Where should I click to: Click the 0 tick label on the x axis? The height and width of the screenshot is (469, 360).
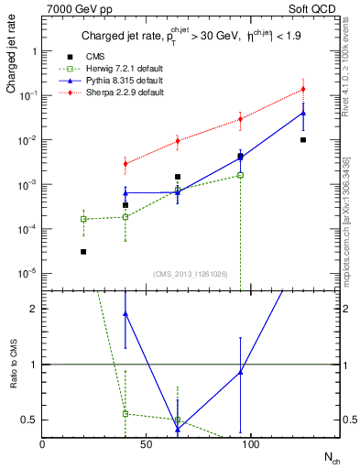(x=42, y=444)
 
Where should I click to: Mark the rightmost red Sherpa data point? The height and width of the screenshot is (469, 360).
(x=303, y=89)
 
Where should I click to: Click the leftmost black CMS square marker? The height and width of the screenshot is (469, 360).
(x=83, y=251)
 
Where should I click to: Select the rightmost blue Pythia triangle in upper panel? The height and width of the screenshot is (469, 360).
(x=303, y=113)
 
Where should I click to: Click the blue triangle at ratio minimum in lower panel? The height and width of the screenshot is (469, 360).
(x=178, y=428)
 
